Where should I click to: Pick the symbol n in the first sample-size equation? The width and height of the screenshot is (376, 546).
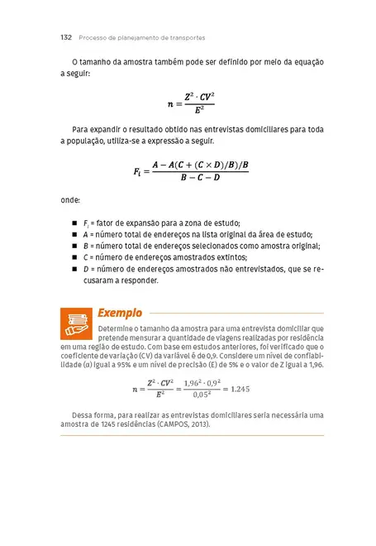170,104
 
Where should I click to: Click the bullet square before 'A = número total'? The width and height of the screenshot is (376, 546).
74,235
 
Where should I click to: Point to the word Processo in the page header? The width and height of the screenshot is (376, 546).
92,38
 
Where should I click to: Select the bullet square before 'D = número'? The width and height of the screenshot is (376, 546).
74,269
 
